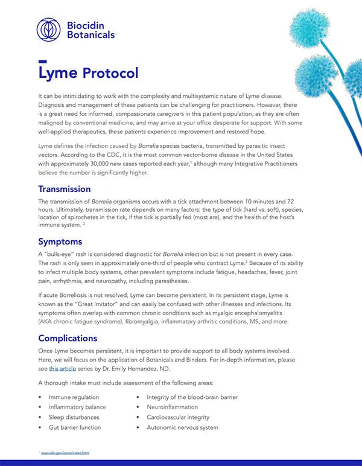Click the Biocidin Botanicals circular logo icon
click(49, 30)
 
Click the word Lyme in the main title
click(57, 73)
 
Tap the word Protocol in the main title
click(110, 73)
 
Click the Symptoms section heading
click(60, 241)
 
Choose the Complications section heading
click(68, 338)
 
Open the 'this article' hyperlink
click(63, 368)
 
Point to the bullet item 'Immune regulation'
click(74, 397)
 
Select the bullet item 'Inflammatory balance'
click(77, 407)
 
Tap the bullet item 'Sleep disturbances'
click(75, 417)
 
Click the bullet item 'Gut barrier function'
click(75, 427)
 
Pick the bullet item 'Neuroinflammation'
click(173, 407)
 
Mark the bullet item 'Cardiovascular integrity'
click(178, 417)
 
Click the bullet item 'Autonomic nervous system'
click(182, 427)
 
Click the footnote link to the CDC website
click(65, 452)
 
